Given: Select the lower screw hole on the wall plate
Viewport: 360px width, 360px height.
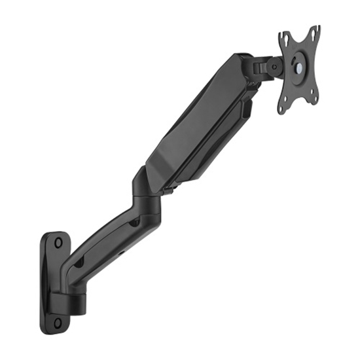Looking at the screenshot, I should [58, 322].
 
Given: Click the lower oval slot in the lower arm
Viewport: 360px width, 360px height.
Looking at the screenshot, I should [79, 262].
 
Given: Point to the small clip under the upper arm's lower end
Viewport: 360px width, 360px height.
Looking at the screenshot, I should [169, 190].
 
